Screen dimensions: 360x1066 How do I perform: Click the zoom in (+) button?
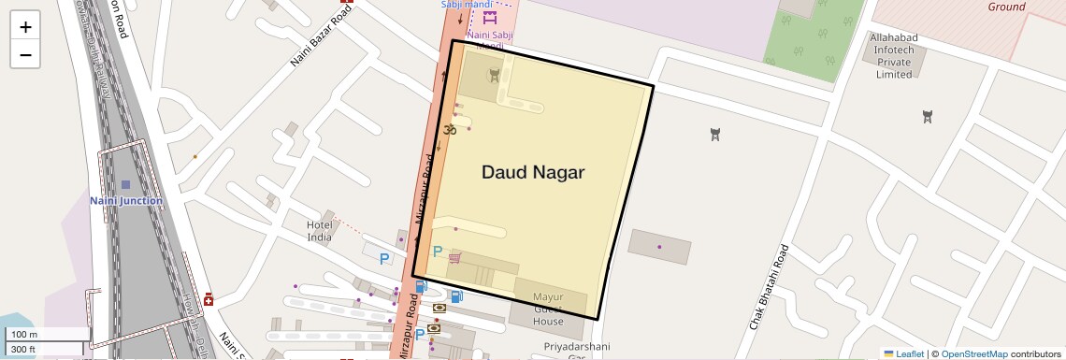[25, 27]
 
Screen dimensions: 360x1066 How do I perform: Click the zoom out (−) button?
[25, 54]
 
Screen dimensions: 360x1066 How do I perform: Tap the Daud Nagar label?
[533, 172]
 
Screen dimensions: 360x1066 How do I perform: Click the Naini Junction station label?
[126, 201]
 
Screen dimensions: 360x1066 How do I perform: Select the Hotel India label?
[320, 231]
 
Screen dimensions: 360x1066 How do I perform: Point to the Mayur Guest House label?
[549, 310]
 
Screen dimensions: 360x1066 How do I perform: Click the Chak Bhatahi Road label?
[770, 286]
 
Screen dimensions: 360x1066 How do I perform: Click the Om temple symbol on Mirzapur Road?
[449, 129]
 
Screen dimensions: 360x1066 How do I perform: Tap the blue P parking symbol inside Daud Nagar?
[437, 251]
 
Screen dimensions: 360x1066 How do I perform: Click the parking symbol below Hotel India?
[382, 258]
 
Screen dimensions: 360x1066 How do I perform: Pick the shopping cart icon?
[454, 257]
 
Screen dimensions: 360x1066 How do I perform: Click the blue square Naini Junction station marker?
[126, 184]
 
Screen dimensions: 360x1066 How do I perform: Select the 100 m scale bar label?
[24, 335]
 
